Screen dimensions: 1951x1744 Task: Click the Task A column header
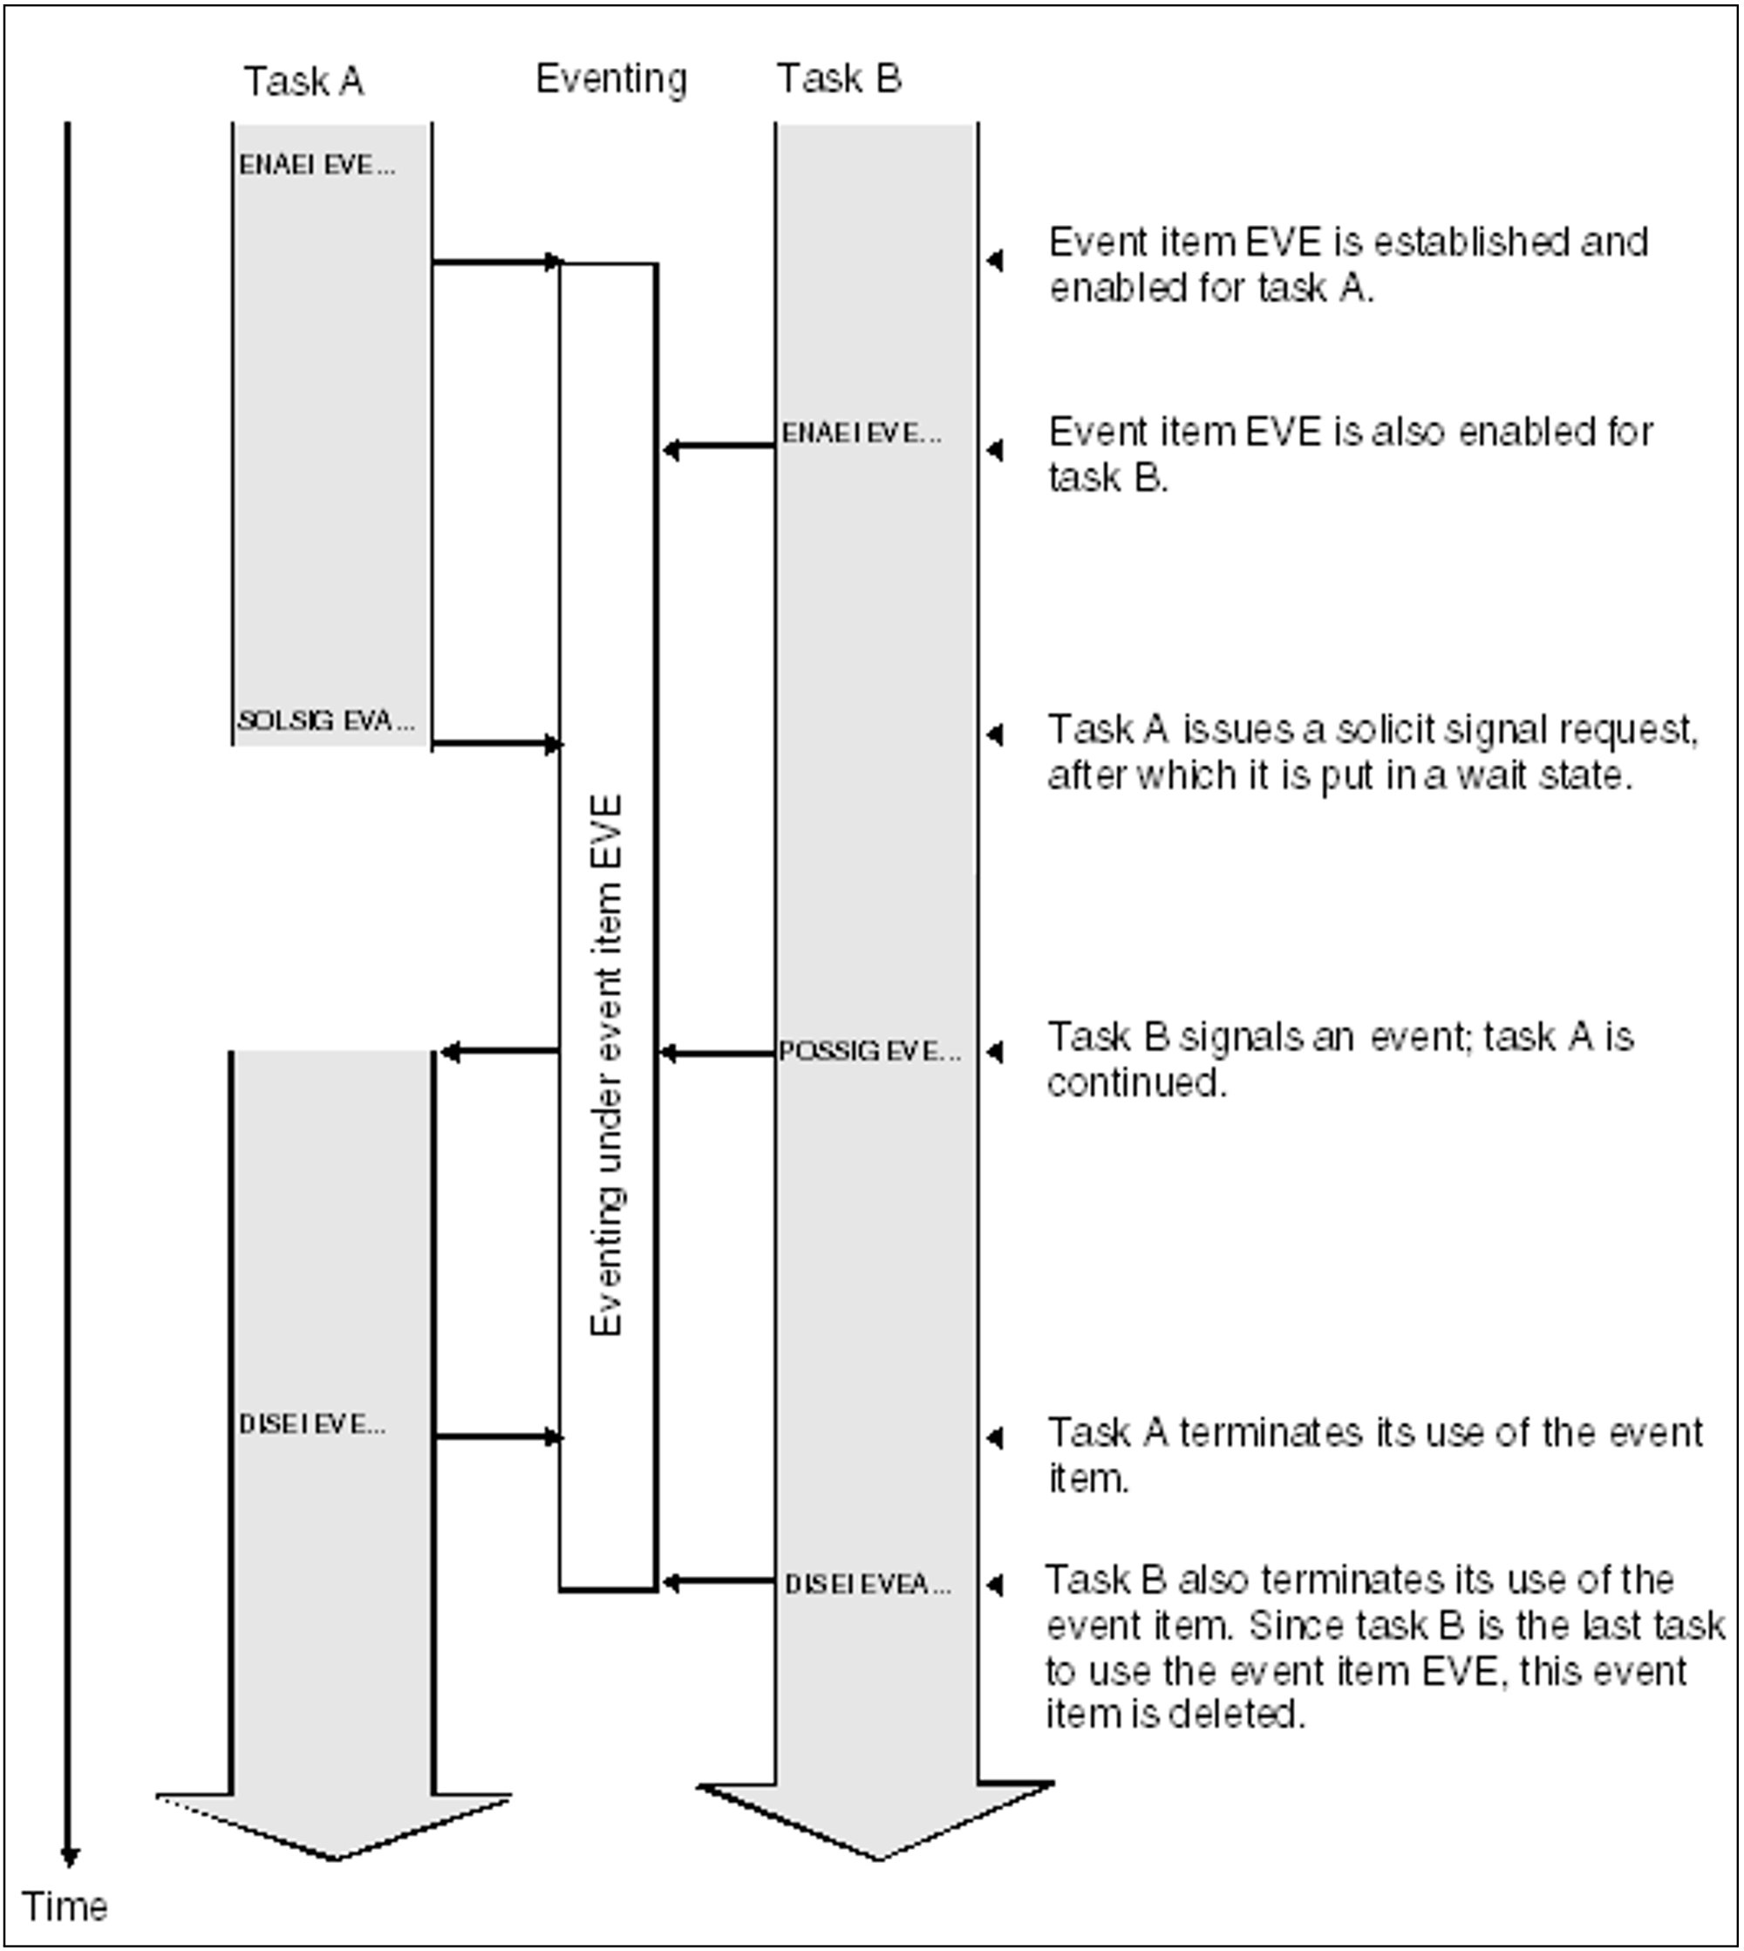[303, 81]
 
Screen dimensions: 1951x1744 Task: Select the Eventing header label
[611, 78]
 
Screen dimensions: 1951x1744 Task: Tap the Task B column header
[839, 78]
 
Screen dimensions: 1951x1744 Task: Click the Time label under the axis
[65, 1906]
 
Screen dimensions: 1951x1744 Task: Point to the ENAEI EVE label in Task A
[317, 165]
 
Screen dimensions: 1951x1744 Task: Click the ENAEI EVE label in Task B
[861, 433]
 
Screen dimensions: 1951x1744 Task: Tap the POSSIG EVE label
[869, 1051]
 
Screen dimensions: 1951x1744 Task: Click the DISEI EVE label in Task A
[312, 1424]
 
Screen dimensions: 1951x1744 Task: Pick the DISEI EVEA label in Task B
[868, 1584]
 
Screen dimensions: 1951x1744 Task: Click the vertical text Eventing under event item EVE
[607, 1064]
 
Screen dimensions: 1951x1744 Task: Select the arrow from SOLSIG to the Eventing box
[495, 744]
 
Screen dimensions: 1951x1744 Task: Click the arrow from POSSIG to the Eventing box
[717, 1053]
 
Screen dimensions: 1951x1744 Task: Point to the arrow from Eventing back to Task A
[498, 1052]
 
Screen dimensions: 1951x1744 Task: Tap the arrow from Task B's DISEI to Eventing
[719, 1581]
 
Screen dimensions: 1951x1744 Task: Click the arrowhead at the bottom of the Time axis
[69, 1856]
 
